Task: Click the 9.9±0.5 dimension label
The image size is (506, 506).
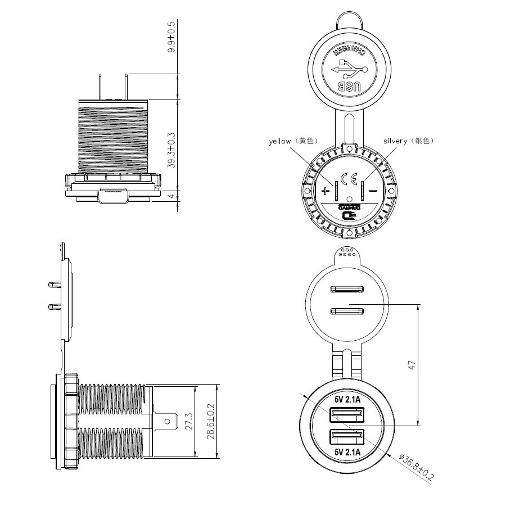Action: pyautogui.click(x=172, y=37)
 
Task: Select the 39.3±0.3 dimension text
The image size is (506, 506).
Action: pyautogui.click(x=172, y=151)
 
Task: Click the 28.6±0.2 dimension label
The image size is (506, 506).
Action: pyautogui.click(x=210, y=421)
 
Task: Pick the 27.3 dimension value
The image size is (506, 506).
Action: pyautogui.click(x=189, y=421)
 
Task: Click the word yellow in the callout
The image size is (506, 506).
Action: pyautogui.click(x=279, y=141)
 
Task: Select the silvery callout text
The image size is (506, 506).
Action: pyautogui.click(x=395, y=141)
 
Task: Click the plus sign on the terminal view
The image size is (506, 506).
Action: pyautogui.click(x=325, y=191)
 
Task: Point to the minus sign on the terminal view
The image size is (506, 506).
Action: pyautogui.click(x=373, y=191)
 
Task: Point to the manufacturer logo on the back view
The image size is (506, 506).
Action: pyautogui.click(x=350, y=213)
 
